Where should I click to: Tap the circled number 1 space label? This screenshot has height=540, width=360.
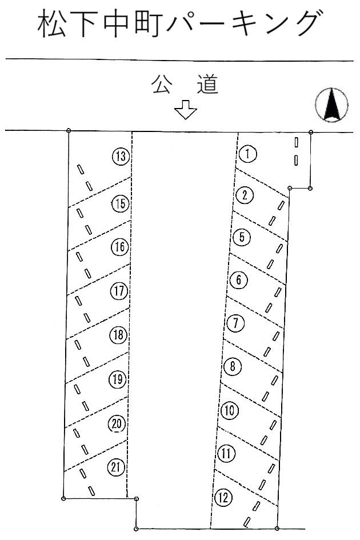click(248, 154)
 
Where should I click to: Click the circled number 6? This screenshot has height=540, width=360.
click(239, 280)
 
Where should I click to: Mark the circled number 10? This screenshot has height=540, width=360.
click(228, 410)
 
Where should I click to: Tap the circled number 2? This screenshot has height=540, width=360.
click(245, 196)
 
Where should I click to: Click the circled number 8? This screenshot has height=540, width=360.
click(232, 367)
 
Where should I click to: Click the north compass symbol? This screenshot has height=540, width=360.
click(332, 105)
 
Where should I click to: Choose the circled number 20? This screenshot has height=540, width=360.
click(117, 424)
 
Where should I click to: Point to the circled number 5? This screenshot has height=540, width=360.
click(242, 237)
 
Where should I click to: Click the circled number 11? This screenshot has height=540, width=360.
click(227, 454)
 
